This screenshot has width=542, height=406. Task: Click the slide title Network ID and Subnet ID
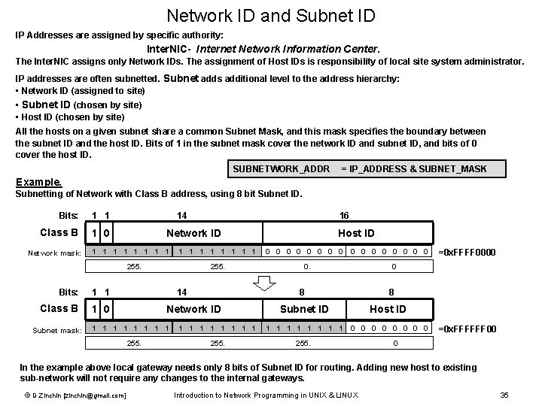[271, 15]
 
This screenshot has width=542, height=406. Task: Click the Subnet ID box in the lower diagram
[304, 309]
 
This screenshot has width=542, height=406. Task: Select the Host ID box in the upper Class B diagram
[356, 233]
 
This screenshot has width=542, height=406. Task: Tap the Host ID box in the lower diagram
[388, 309]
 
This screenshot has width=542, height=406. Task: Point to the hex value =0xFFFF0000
[467, 252]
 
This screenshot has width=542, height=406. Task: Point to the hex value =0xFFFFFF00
[467, 329]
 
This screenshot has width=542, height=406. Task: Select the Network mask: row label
[55, 253]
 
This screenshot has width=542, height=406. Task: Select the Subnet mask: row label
[56, 329]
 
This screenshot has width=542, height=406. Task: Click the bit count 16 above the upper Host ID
[344, 215]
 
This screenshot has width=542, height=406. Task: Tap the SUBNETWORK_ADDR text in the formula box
[282, 169]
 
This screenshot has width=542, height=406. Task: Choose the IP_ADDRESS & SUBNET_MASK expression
[413, 169]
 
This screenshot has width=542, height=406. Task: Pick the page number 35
[504, 395]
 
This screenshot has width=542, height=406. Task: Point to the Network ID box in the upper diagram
[193, 233]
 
